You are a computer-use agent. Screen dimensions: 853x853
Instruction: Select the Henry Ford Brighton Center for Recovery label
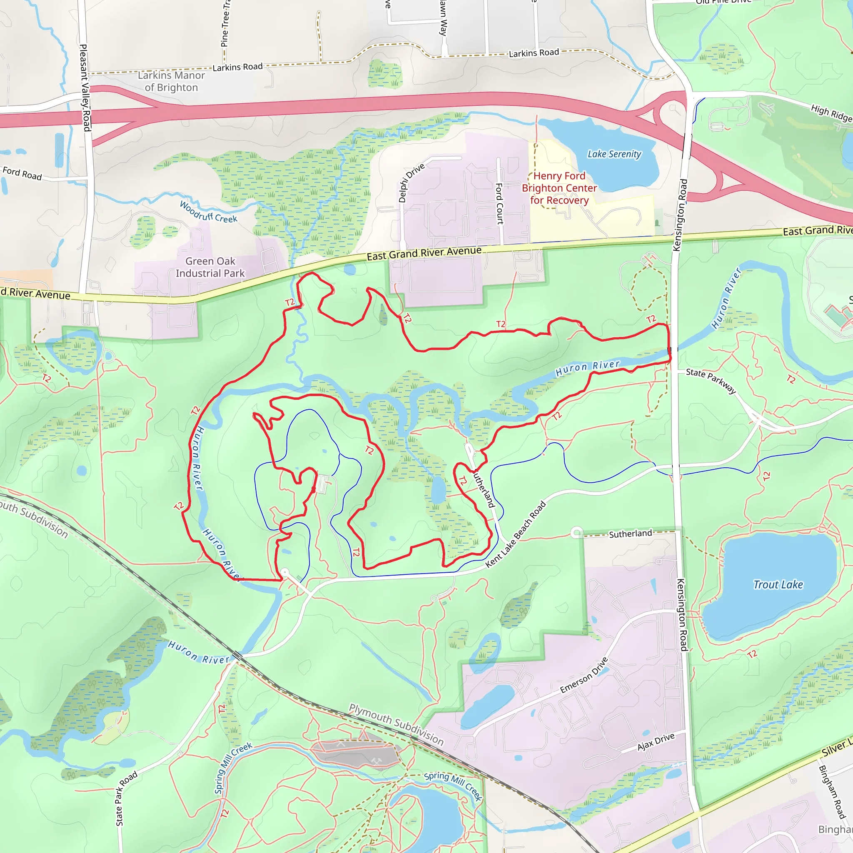tap(559, 188)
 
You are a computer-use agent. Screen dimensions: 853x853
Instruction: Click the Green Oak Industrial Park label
tap(210, 267)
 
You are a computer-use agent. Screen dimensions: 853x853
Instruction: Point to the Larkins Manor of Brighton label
tap(171, 81)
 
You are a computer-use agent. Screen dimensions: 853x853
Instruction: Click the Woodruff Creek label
tap(208, 212)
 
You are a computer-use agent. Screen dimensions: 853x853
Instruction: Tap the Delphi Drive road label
tap(411, 183)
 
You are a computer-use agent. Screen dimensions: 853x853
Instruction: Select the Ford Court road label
tap(499, 204)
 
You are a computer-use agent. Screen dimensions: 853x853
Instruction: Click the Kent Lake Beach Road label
tap(516, 535)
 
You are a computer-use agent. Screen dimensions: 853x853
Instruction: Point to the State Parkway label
tap(711, 381)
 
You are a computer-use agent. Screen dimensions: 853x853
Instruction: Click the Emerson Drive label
tap(584, 676)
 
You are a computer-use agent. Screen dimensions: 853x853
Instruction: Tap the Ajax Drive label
tap(656, 742)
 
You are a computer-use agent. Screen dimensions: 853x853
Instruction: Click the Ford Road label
tap(22, 173)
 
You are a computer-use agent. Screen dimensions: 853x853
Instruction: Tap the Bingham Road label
tap(832, 792)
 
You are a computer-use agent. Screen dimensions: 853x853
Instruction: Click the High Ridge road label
tap(831, 113)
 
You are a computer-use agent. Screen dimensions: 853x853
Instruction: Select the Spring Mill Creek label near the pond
tap(453, 786)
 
